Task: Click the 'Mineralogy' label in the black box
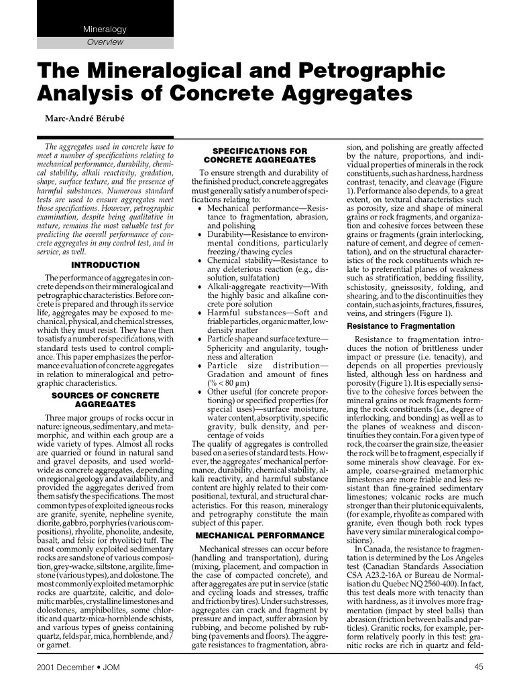[104, 30]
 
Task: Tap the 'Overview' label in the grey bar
[105, 42]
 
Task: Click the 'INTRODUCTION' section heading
[105, 264]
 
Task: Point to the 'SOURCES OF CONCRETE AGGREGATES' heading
[105, 400]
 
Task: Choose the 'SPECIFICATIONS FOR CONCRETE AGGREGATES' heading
[260, 156]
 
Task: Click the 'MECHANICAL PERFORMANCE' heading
[260, 535]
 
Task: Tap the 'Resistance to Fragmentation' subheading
[400, 326]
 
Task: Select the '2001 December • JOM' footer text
[66, 666]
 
